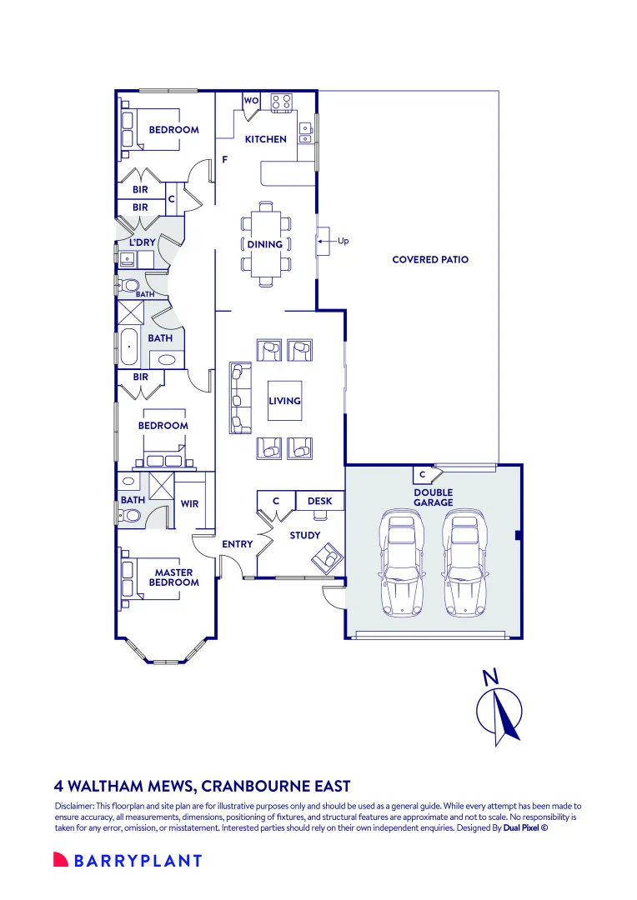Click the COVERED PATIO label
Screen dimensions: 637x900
(x=430, y=259)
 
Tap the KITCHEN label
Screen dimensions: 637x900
(x=265, y=139)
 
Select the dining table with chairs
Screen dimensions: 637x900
(x=265, y=244)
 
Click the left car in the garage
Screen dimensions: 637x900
(x=402, y=566)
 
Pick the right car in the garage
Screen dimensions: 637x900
(x=465, y=566)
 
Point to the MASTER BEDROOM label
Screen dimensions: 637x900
(x=174, y=577)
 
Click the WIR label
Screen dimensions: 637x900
(x=189, y=504)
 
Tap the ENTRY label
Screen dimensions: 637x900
(x=238, y=544)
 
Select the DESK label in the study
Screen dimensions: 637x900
(x=320, y=501)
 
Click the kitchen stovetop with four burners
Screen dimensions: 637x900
(x=282, y=102)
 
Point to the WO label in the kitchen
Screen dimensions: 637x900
(x=251, y=101)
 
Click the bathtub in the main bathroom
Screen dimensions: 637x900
(x=128, y=347)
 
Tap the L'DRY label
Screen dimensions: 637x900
(x=142, y=242)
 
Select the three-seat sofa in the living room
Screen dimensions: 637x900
(x=241, y=397)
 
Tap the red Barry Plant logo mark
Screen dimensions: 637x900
(x=61, y=859)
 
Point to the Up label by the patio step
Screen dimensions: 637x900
(x=343, y=241)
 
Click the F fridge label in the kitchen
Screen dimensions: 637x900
(x=224, y=159)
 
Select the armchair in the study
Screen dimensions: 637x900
(x=325, y=557)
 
